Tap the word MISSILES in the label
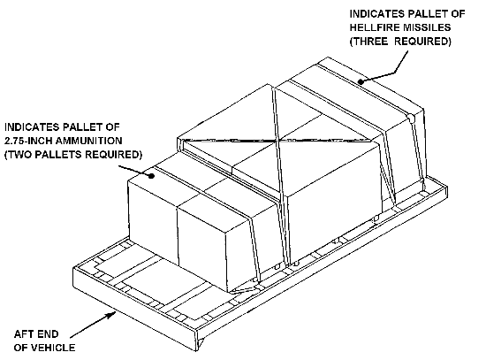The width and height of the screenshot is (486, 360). [427, 27]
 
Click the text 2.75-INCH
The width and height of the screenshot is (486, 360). [27, 141]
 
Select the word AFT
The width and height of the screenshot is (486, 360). [23, 334]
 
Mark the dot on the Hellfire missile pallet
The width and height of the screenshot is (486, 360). [361, 81]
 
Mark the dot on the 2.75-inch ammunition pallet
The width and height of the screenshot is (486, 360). [151, 176]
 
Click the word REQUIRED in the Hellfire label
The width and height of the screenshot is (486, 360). [421, 42]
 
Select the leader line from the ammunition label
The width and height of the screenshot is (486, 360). [135, 171]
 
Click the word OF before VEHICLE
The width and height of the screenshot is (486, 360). [19, 348]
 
